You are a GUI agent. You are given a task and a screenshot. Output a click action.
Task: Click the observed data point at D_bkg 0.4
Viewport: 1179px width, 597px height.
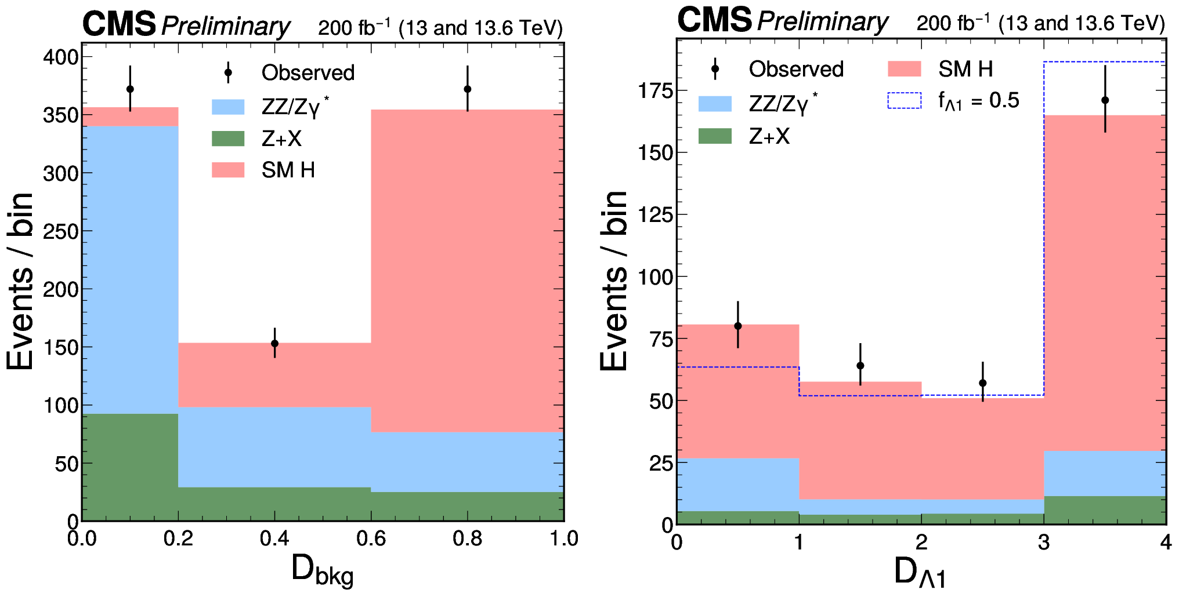click(274, 344)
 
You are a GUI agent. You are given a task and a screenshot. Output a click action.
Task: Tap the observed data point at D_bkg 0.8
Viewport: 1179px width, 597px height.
click(468, 89)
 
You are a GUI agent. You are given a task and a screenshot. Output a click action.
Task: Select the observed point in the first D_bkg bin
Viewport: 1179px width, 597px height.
click(130, 89)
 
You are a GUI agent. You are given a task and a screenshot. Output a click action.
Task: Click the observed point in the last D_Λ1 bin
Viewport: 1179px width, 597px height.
click(1105, 100)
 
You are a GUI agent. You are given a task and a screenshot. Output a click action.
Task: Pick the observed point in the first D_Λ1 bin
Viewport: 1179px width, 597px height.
click(738, 326)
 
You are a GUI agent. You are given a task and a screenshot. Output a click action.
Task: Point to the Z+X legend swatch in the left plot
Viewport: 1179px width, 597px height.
click(228, 139)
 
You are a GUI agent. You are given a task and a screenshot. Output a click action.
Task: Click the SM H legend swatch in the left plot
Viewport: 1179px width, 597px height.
click(228, 170)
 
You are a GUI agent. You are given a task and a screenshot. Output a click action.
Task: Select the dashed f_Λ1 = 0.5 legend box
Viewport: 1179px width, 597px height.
click(904, 100)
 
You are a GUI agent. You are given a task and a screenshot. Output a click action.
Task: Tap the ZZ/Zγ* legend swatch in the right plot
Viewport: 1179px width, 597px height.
click(715, 104)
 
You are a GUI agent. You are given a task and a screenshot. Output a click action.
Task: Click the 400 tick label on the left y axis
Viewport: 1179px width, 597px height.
click(60, 57)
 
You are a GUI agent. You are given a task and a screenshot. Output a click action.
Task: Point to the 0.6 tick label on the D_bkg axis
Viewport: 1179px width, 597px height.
click(371, 539)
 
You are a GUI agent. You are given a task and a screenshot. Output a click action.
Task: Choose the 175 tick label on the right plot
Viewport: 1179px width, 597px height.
click(655, 91)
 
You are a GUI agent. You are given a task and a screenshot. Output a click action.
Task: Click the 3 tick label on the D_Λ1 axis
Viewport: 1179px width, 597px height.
click(1044, 543)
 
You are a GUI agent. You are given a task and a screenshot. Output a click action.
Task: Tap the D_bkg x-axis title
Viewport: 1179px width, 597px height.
click(322, 570)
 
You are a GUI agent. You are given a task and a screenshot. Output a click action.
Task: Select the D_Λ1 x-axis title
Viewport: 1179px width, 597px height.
click(920, 573)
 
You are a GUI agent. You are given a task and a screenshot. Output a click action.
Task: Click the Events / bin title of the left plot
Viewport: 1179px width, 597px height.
click(21, 281)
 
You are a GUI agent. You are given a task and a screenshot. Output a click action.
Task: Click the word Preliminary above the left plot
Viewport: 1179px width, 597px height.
click(226, 26)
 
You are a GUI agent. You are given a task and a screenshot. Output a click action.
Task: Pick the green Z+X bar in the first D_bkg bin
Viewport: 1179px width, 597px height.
click(130, 467)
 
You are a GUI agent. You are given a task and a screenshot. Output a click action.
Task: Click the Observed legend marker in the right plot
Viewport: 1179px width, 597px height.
click(715, 69)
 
